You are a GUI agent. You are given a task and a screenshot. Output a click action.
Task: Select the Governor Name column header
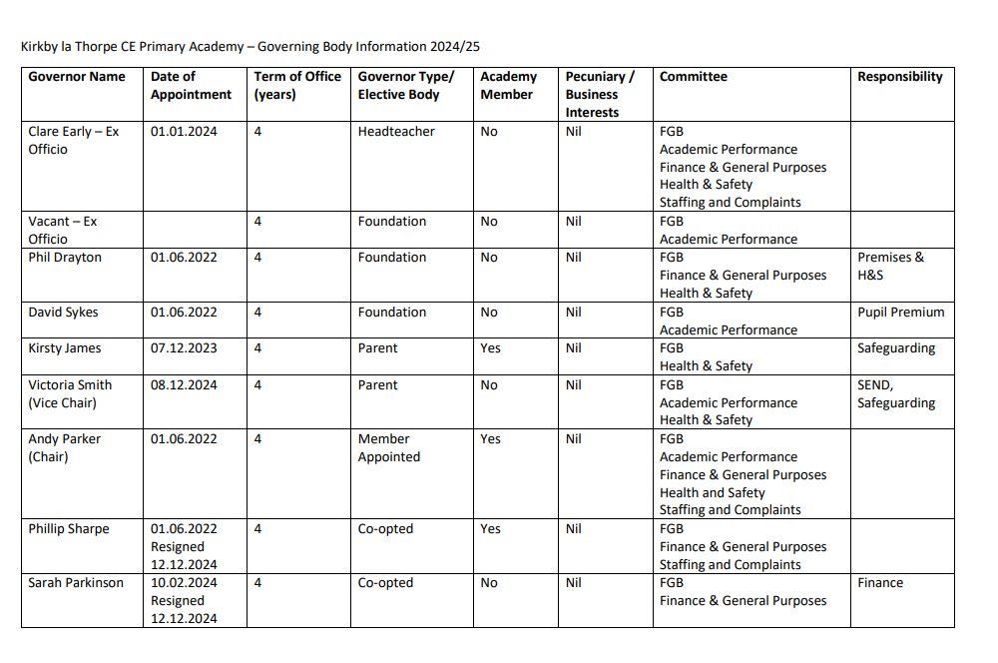coord(77,77)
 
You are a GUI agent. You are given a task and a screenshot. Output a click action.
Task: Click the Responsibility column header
coord(899,77)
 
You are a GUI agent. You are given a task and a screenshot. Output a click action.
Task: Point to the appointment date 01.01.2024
coord(184,131)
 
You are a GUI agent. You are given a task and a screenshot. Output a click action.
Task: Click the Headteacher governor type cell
coord(396,131)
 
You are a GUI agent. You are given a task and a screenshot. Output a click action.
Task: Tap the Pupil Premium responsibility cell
coord(900,312)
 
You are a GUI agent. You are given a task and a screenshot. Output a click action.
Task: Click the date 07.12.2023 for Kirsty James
coord(184,347)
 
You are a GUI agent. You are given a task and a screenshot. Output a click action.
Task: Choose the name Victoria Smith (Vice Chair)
coord(70,393)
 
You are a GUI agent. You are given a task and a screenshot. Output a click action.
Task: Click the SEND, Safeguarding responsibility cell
coord(896,393)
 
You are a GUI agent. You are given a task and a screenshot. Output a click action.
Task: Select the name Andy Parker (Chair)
coord(65,447)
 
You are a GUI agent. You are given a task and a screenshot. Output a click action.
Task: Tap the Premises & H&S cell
coord(890,266)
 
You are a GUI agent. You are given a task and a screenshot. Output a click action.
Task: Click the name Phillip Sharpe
coord(69,528)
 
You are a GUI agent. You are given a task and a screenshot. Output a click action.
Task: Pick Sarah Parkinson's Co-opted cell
coord(385,582)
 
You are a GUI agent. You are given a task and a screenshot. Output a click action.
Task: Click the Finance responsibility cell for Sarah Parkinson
coord(880,582)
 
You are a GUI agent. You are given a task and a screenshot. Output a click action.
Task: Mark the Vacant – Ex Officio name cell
coord(63,230)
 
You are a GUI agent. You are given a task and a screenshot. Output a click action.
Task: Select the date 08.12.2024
coord(184,384)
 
